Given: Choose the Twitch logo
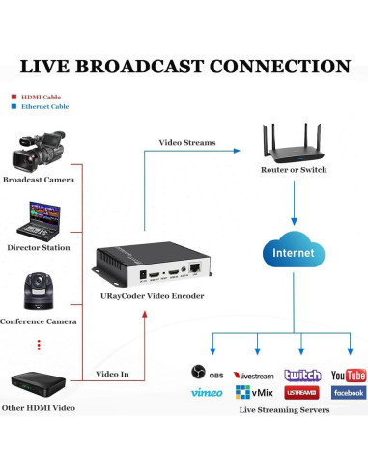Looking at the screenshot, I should pos(302,375).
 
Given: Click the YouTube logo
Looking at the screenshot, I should pos(348,375).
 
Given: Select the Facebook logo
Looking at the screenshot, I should pos(348,393).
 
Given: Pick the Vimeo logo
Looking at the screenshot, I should pos(207,393).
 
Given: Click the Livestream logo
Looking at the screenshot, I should pos(255,375).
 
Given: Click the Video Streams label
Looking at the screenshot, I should pos(186,143).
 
